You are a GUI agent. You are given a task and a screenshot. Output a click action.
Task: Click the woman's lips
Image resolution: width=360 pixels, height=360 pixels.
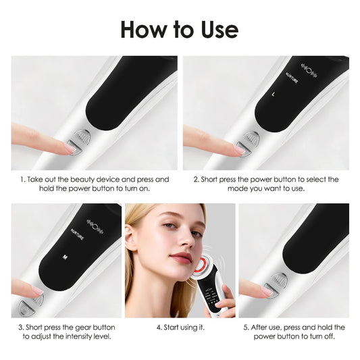click(x=180, y=256)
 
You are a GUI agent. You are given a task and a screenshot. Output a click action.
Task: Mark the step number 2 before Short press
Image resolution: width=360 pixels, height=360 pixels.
click(x=196, y=180)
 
